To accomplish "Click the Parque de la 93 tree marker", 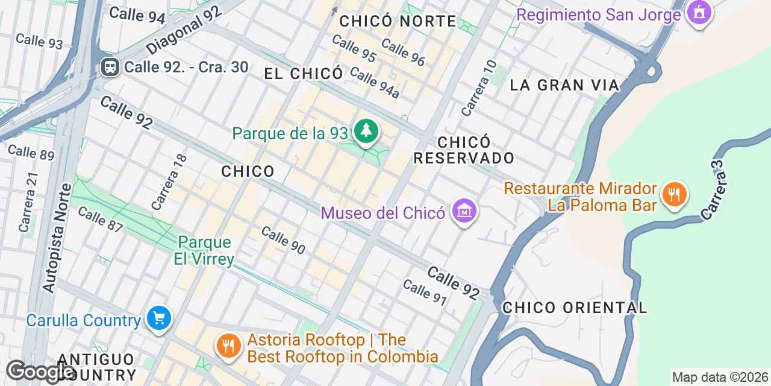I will point(365,130).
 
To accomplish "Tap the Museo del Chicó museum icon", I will point(464,211).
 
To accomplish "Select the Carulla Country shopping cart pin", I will point(158,318).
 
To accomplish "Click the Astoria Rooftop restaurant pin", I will point(228,346).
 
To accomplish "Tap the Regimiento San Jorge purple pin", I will point(699,12).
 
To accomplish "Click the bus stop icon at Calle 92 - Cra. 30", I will point(110,66).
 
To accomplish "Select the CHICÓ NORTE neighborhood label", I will point(398,22).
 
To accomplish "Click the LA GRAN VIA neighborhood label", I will point(564,85).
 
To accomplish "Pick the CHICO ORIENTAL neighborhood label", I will point(575,308).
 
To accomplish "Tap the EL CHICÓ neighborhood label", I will point(304,74).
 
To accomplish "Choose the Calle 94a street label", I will point(375,83).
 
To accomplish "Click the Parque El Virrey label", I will point(205,250).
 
